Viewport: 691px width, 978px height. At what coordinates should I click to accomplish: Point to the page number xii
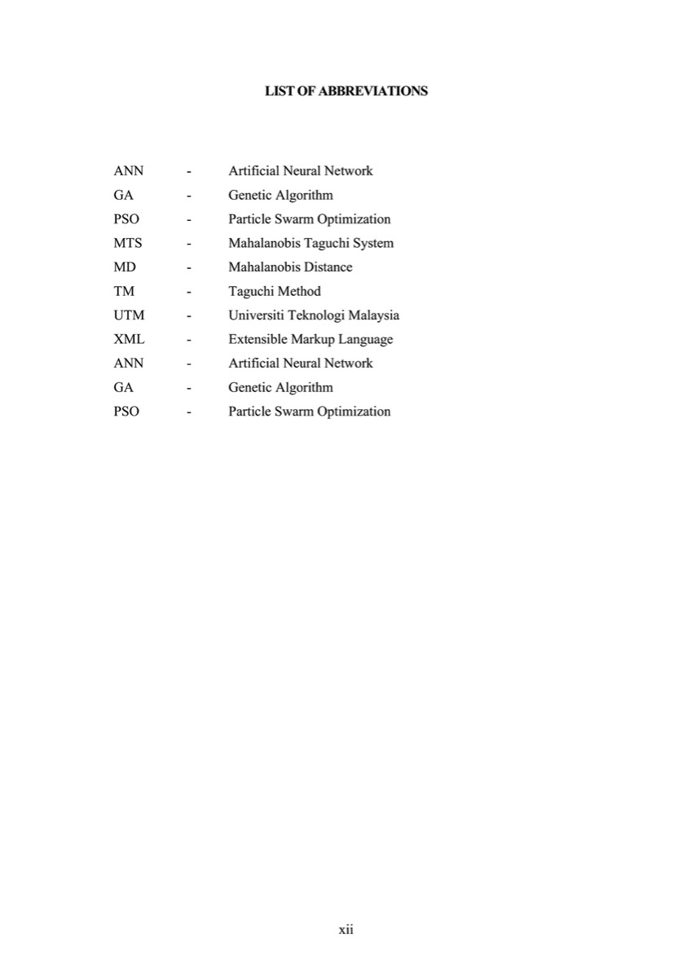coord(345,929)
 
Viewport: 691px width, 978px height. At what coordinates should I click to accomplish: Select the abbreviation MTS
coord(128,243)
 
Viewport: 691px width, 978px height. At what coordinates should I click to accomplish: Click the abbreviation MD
coord(125,267)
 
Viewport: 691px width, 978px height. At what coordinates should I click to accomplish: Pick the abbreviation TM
coord(124,291)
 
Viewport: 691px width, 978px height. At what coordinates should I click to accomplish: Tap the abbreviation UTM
coord(129,315)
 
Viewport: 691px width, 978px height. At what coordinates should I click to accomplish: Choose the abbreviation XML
coord(129,339)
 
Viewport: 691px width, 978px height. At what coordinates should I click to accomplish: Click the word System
coord(372,243)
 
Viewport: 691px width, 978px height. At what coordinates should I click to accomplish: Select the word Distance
coord(328,267)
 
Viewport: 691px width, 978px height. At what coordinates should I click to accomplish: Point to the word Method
coord(299,291)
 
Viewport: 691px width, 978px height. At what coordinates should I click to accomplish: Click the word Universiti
coord(254,315)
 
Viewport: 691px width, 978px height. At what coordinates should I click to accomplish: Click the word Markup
coord(312,339)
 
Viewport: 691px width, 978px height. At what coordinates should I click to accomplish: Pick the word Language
coord(366,339)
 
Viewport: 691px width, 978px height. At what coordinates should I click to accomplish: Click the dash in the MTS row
coord(189,244)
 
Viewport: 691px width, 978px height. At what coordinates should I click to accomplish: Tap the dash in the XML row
coord(189,340)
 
